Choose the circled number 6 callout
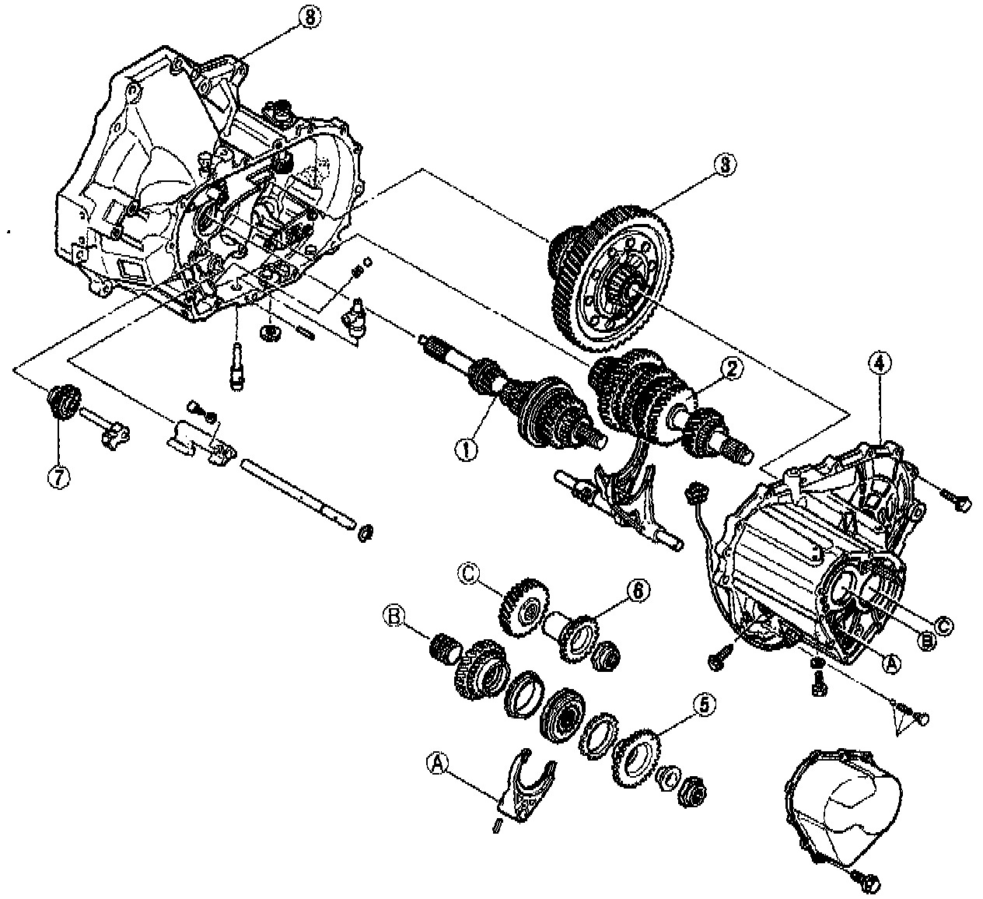click(636, 590)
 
